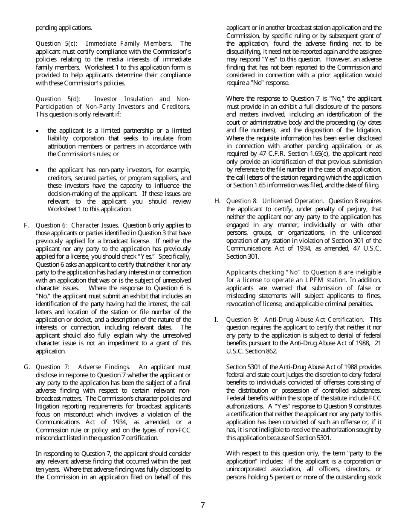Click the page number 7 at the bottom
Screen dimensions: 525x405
pos(202,505)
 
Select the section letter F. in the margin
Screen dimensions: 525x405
pos(26,225)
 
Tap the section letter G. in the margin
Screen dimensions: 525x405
pos(27,367)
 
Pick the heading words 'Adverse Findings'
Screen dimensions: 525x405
pos(104,367)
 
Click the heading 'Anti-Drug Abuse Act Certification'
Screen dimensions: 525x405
pos(314,319)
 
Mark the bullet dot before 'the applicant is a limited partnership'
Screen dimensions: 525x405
pos(39,131)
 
